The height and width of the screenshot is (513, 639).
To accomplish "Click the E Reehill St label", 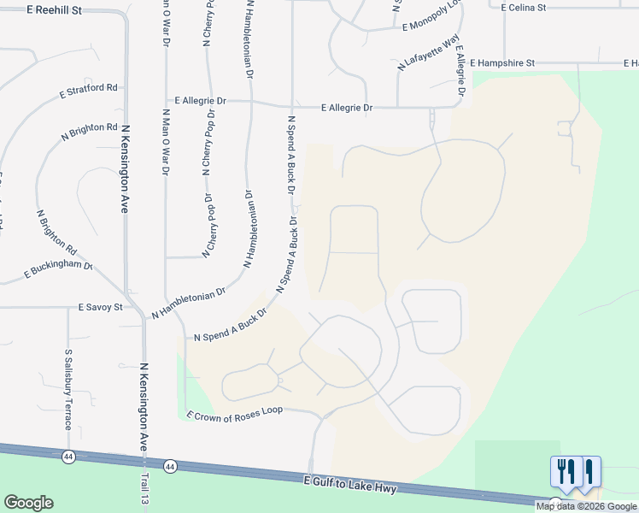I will point(54,10).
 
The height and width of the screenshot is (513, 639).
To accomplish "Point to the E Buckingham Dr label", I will point(57,269).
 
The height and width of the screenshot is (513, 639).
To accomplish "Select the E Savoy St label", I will point(101,307).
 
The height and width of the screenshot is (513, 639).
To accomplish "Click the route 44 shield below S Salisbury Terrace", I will point(68,457).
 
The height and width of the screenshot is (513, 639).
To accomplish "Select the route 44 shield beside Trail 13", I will point(171,467).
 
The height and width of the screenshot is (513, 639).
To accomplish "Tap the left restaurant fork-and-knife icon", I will point(565,472).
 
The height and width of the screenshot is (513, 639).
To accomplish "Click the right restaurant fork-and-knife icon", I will point(589,472).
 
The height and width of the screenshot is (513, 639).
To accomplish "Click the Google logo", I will point(28,503).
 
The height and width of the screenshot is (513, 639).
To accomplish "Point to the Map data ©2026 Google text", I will point(585,506).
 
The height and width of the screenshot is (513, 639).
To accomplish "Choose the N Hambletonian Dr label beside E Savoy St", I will point(188,303).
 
